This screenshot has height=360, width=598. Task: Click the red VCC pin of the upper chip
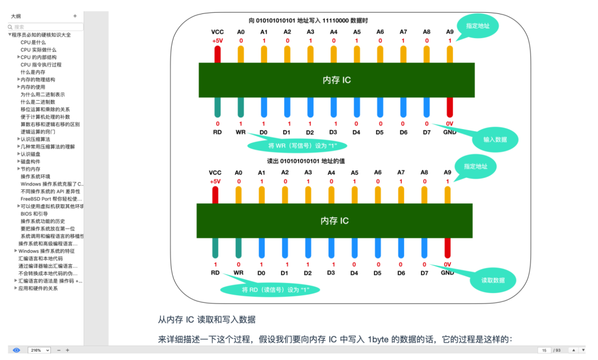tap(217, 54)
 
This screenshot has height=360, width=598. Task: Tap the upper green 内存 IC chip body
tap(337, 80)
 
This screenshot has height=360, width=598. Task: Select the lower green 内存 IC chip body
tap(334, 220)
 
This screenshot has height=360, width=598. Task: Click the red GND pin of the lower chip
tap(447, 249)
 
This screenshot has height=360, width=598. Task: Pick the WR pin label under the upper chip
tap(240, 132)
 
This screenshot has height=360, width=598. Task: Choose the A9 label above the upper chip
tap(450, 32)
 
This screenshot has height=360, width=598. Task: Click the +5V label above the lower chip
tap(215, 181)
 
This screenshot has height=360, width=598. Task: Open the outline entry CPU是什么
tap(33, 42)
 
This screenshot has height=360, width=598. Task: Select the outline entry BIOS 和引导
tap(34, 214)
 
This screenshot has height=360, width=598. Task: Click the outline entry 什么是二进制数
tap(38, 102)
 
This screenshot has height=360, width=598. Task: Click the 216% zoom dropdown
tap(39, 350)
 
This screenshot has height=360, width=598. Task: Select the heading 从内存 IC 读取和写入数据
tap(207, 320)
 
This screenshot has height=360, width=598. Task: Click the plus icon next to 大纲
tap(75, 16)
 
